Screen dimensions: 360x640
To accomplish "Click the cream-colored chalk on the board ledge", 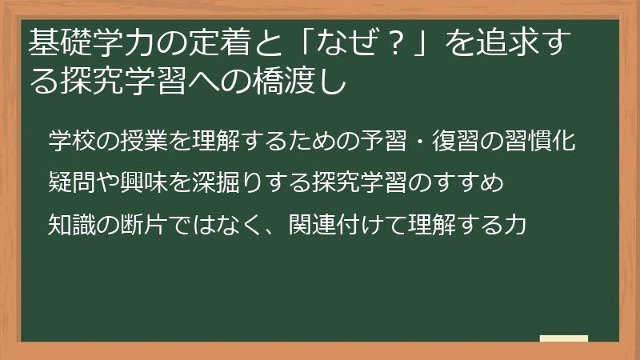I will click(563, 338).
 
